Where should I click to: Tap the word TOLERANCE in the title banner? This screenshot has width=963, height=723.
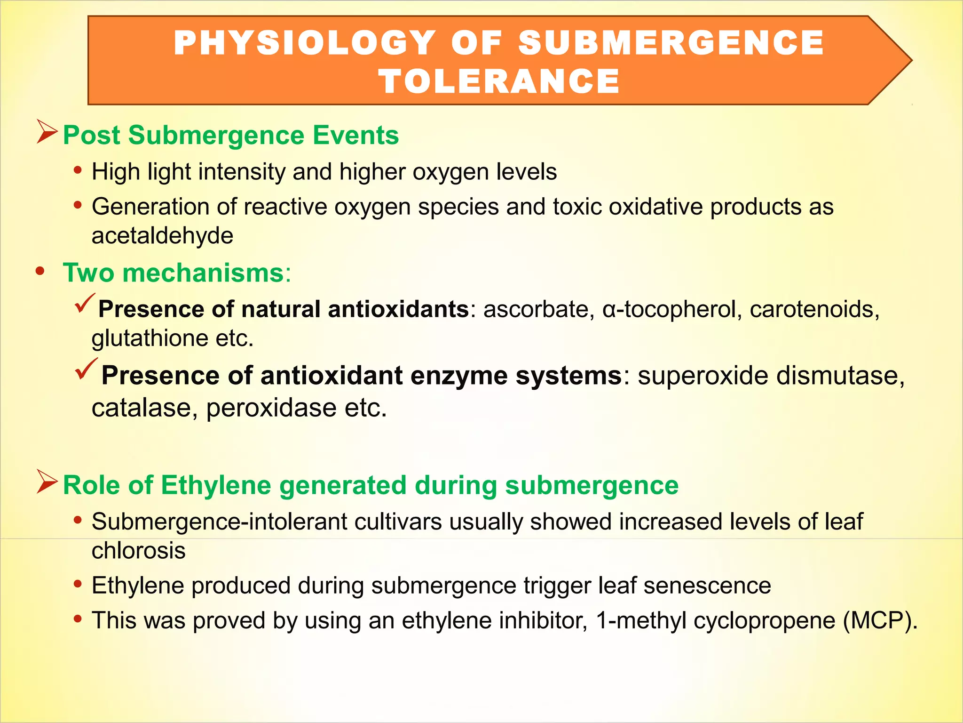[499, 81]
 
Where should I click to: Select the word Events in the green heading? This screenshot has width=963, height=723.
[356, 136]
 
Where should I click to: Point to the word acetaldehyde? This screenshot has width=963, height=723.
[162, 235]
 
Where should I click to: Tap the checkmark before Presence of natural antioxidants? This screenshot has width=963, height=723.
[85, 303]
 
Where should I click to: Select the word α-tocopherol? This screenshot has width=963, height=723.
[672, 309]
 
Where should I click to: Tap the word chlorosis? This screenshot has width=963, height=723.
[139, 551]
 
